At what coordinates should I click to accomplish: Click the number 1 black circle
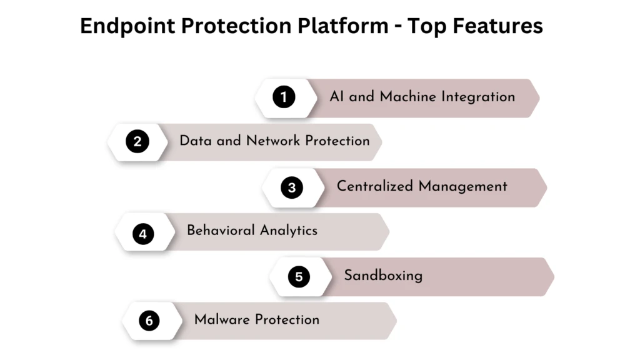(x=284, y=97)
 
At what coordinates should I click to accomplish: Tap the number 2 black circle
(x=137, y=142)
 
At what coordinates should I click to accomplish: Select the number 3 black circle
(x=291, y=187)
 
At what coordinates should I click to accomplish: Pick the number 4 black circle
(x=143, y=234)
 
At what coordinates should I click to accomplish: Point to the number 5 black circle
(x=299, y=276)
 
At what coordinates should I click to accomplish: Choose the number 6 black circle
(x=149, y=321)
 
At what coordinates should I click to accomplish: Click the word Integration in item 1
(x=478, y=97)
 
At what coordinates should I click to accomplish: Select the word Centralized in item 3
(x=375, y=186)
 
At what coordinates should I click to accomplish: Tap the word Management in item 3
(x=463, y=186)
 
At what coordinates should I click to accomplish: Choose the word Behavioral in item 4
(x=221, y=231)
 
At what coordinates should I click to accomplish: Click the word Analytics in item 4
(x=289, y=231)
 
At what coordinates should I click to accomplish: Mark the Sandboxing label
(x=383, y=276)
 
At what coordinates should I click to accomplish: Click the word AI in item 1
(x=337, y=97)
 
